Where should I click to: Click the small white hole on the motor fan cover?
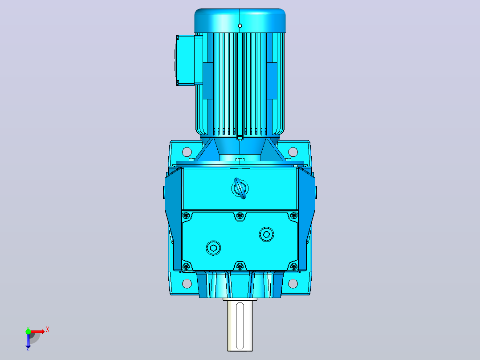click(240, 26)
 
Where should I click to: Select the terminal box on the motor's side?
click(186, 60)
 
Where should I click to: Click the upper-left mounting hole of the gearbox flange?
click(187, 151)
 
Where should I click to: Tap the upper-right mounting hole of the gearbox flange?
click(293, 151)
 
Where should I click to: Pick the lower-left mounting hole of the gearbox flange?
click(187, 283)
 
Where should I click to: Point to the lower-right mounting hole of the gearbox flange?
click(293, 283)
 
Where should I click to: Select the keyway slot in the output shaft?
click(240, 326)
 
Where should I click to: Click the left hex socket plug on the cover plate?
click(213, 248)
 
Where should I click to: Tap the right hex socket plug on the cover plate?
click(266, 234)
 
